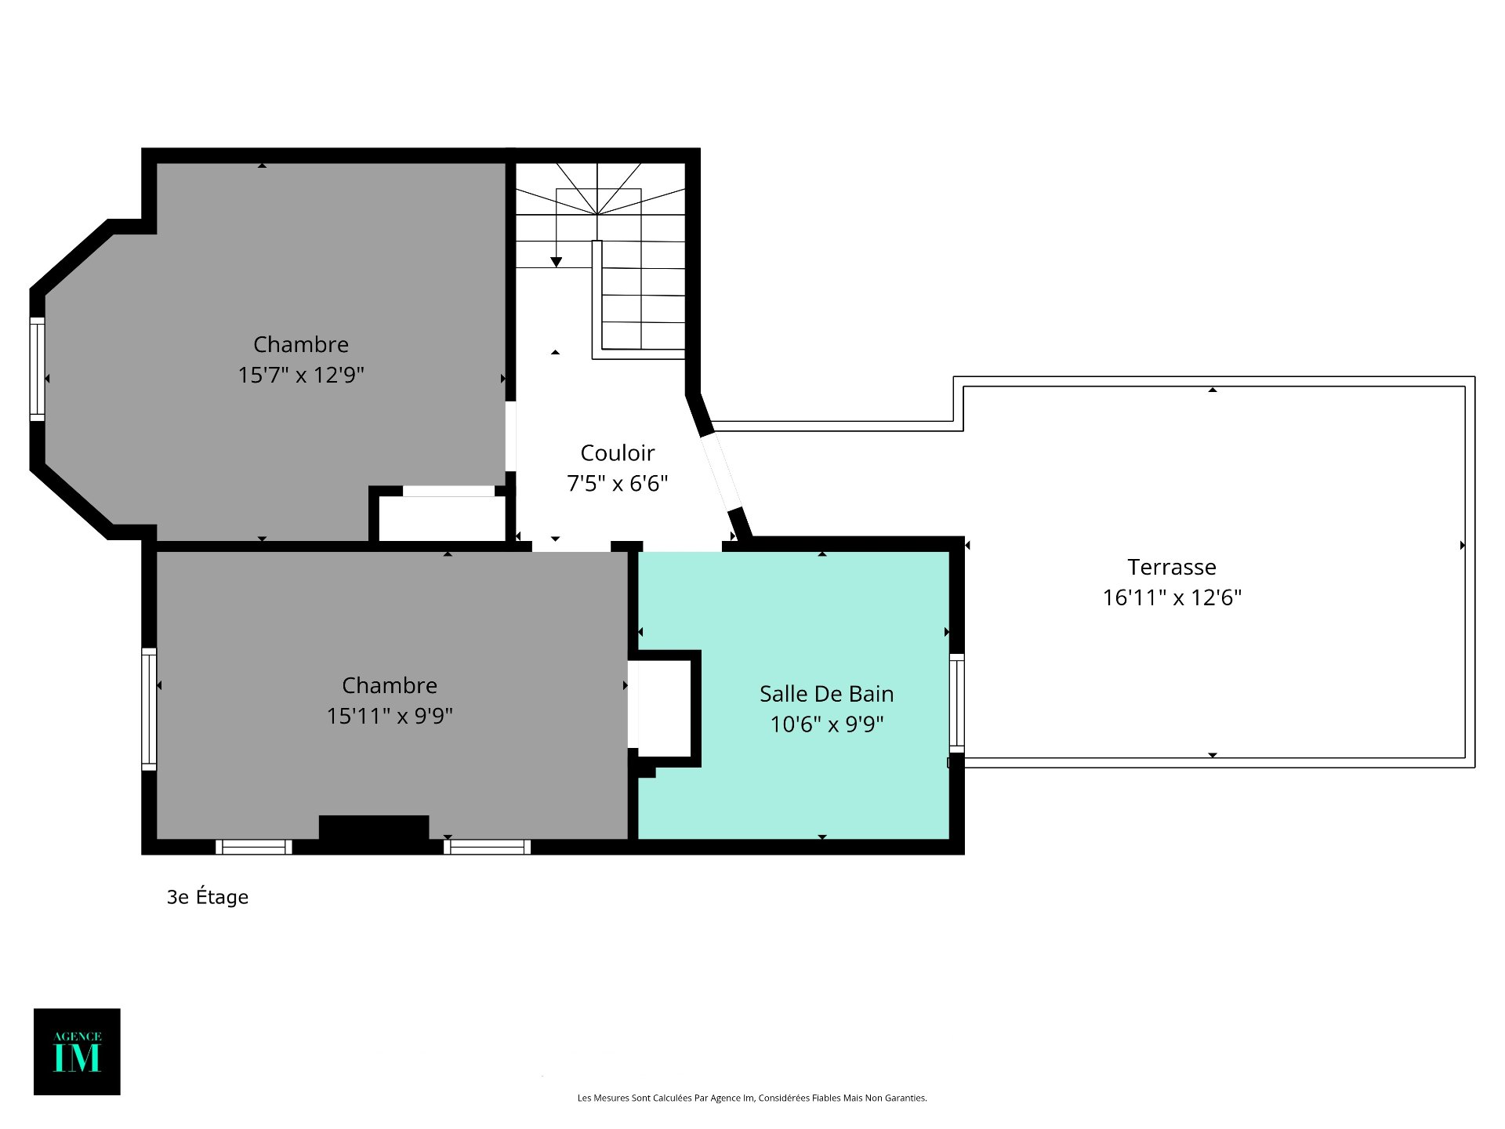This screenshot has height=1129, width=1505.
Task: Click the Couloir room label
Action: [x=617, y=452]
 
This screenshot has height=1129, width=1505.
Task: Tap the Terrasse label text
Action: [x=1172, y=567]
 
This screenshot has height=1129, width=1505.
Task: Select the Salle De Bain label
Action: [x=826, y=694]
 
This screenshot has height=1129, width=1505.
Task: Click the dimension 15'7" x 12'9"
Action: [x=301, y=375]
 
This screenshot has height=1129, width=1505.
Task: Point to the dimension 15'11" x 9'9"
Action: [x=390, y=716]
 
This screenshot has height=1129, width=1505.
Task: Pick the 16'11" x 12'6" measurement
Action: [x=1172, y=597]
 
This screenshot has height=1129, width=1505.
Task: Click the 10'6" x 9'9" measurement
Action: [x=826, y=724]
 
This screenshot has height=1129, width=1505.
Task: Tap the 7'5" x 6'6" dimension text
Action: [x=617, y=483]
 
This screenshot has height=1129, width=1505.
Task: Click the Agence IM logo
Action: [x=77, y=1051]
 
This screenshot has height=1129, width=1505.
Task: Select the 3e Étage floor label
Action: [x=208, y=896]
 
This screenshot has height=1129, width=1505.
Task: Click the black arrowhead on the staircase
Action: [x=556, y=262]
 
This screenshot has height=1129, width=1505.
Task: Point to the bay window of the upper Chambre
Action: [x=37, y=369]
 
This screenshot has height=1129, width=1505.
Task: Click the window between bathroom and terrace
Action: [x=957, y=703]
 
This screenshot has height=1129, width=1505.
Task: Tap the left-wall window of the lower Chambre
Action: [x=149, y=709]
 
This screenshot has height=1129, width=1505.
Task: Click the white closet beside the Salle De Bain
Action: [x=664, y=709]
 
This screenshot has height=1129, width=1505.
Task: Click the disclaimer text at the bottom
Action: [x=752, y=1098]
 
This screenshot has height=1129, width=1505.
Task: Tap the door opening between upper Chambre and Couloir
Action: [x=510, y=436]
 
